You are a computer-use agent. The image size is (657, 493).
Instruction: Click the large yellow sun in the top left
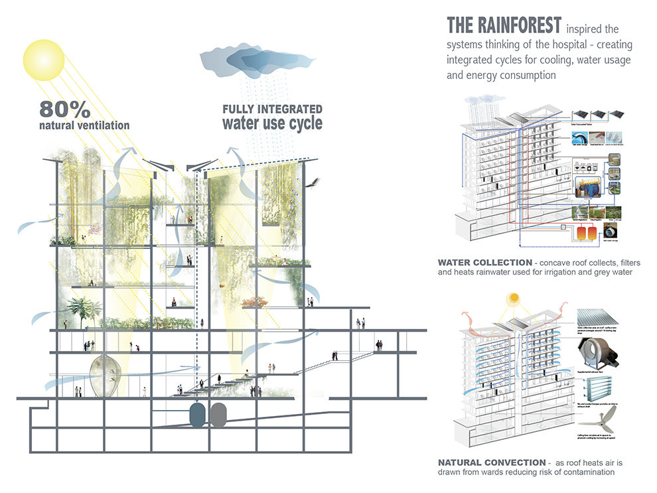tap(44, 58)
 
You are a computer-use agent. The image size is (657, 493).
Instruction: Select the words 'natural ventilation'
tap(84, 125)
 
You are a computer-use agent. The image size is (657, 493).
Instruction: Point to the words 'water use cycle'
tap(271, 123)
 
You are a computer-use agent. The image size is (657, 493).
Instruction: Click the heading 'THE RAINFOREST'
tap(503, 27)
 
